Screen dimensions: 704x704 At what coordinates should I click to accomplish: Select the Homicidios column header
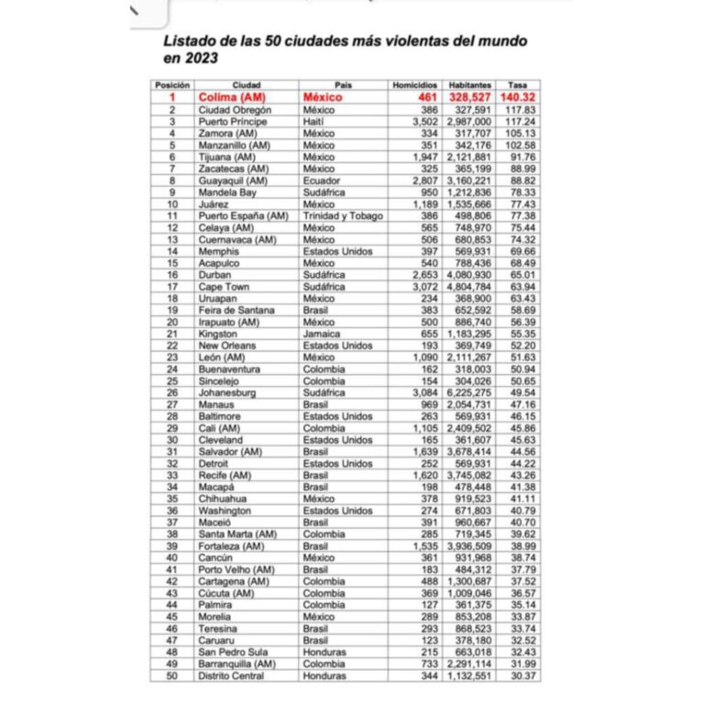point(415,84)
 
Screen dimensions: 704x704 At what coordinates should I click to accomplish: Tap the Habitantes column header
point(469,84)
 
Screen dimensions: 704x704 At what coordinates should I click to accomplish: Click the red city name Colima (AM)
point(235,96)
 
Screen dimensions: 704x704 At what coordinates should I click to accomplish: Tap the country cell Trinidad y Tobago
point(343,215)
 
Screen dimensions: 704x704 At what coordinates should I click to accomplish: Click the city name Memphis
point(219,251)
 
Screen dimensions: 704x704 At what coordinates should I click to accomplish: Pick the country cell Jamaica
point(323,334)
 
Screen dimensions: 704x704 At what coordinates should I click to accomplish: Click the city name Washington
point(225,511)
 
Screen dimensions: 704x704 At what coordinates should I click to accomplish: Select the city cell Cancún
point(216,557)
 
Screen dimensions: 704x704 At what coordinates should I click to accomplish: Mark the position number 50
point(171,676)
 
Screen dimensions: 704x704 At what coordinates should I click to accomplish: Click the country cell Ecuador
point(321,181)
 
